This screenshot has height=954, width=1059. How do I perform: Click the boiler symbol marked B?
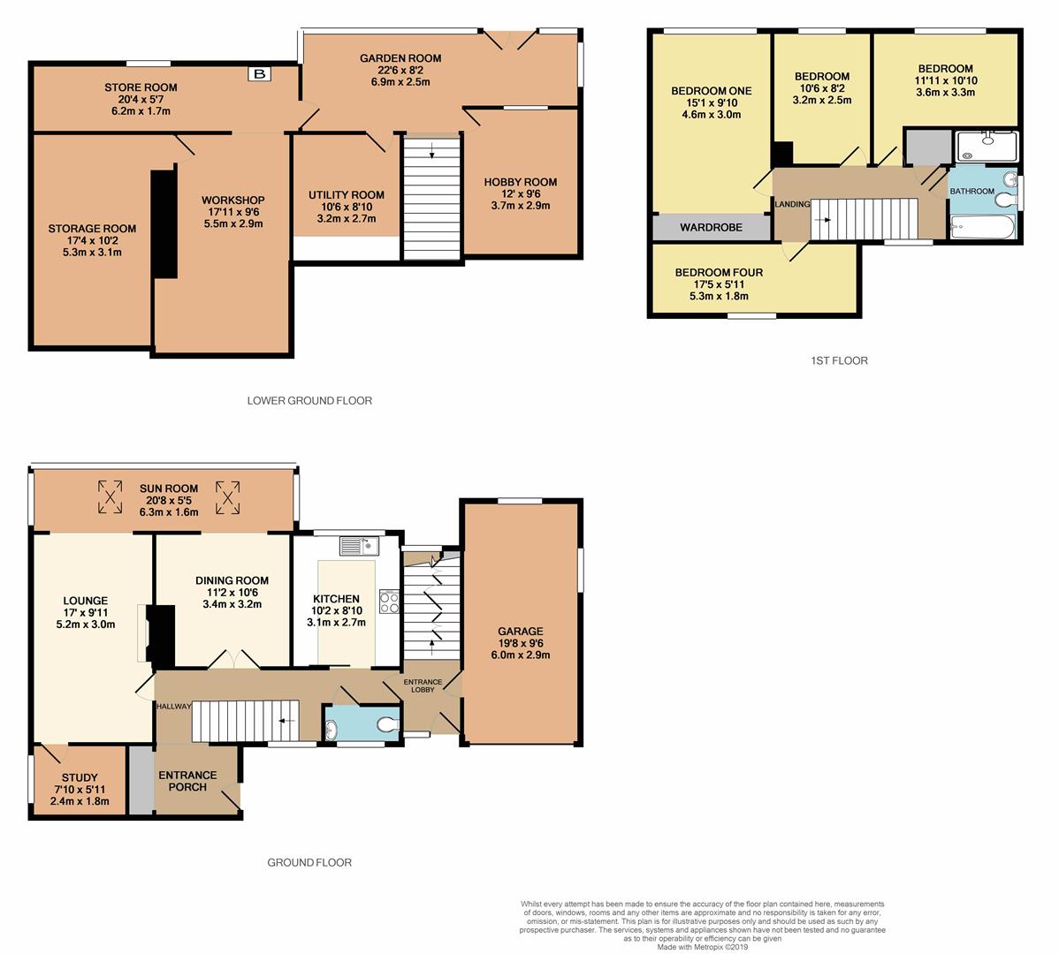[x=259, y=73]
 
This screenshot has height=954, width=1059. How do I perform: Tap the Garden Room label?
[x=400, y=58]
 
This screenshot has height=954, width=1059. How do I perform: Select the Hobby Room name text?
[x=520, y=182]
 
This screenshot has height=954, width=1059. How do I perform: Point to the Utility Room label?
[x=347, y=195]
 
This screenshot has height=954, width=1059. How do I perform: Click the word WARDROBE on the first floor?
[x=712, y=227]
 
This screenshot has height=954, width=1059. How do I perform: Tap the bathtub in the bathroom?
[x=982, y=227]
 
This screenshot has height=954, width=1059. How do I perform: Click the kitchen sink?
[x=359, y=545]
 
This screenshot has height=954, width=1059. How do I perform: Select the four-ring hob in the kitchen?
[x=389, y=602]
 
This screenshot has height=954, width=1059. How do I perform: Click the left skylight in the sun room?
[x=110, y=496]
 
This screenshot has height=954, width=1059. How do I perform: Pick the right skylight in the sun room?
[x=227, y=496]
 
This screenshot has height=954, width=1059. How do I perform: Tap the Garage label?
[x=520, y=632]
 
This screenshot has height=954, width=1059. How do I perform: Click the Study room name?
[x=80, y=777]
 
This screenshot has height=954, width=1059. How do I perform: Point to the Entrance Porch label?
[x=187, y=781]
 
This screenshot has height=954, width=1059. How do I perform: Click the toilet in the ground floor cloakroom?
[x=388, y=725]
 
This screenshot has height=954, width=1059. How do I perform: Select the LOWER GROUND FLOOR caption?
[x=309, y=400]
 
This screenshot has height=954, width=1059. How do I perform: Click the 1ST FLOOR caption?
[x=839, y=360]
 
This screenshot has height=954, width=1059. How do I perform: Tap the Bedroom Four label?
[x=719, y=273]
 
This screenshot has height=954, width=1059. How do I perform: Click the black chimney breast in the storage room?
[x=164, y=224]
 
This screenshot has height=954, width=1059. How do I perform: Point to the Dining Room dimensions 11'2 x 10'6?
[x=232, y=593]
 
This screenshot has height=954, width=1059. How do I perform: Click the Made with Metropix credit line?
[x=703, y=947]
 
